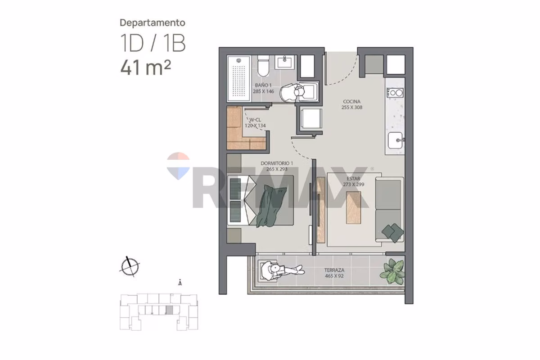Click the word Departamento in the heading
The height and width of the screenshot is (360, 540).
153,23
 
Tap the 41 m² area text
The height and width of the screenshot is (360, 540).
146,67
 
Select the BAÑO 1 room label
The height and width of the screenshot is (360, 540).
263,85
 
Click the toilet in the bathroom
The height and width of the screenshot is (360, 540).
263,65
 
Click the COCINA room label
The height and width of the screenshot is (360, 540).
352,102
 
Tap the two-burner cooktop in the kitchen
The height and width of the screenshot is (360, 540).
395,93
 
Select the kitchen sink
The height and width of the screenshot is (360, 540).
396,140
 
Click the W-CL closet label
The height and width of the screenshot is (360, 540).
255,120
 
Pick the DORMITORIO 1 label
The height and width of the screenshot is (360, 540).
277,163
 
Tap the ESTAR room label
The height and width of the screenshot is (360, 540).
353,179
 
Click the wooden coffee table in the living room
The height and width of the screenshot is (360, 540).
353,207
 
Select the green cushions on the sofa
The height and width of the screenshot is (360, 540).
393,233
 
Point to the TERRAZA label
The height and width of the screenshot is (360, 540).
334,270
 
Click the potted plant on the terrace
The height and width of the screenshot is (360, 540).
392,271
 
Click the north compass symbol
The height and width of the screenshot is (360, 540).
130,267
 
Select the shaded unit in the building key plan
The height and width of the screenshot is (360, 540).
170,310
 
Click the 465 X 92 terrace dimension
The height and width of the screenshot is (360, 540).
334,276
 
